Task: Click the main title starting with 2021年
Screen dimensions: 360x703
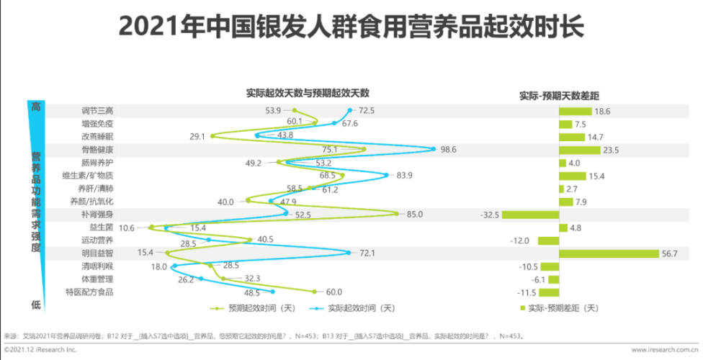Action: (x=351, y=28)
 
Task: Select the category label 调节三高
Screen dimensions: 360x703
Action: (x=97, y=111)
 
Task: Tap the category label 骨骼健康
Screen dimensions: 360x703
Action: (x=97, y=150)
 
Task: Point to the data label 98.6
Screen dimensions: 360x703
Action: (x=449, y=150)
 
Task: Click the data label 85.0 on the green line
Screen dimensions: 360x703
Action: (x=414, y=215)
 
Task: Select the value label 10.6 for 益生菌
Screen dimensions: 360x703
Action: (x=127, y=228)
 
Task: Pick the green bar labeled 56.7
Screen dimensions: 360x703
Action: (x=609, y=253)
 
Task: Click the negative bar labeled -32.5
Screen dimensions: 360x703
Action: (x=530, y=215)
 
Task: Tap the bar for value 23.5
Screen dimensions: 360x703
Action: (x=579, y=150)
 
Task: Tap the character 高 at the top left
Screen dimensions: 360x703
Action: (x=35, y=106)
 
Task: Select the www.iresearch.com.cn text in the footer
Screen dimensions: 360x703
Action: (x=664, y=349)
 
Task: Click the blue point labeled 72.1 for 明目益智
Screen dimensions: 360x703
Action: (x=349, y=253)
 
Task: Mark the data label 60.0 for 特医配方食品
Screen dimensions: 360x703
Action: (x=333, y=292)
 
